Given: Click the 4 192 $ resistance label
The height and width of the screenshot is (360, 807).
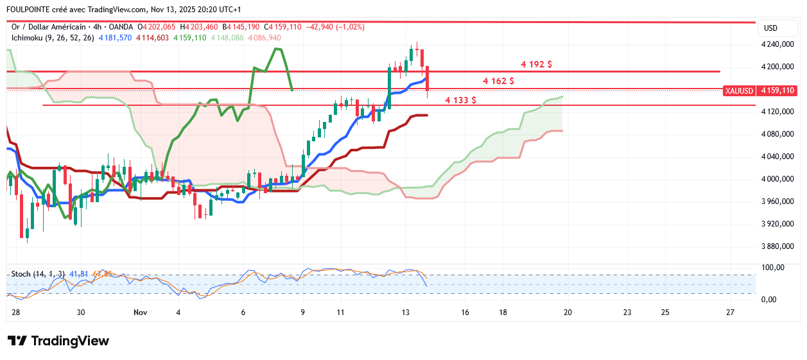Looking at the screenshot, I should [537, 64].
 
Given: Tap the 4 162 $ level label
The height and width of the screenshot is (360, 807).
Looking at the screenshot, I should [498, 81].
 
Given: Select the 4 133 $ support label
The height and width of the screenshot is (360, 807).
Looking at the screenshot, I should [460, 100].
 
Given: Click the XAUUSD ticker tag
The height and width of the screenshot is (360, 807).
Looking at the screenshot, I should [739, 91].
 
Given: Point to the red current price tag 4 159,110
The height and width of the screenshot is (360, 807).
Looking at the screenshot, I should [777, 91].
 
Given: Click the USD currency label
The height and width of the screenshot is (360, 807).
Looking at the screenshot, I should [770, 28].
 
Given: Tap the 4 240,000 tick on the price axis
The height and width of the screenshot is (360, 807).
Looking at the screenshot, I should [777, 45].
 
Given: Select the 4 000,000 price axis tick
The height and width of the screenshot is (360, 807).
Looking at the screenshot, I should [777, 179].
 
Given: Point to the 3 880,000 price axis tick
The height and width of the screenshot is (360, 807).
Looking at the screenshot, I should [777, 246].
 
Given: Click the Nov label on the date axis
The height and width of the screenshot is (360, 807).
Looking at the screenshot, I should [141, 313].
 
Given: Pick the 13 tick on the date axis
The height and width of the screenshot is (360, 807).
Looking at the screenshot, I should [405, 313].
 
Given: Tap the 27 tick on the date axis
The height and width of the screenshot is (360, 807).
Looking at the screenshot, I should [729, 313].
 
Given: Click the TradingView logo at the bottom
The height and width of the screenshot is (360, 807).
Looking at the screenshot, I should [58, 341].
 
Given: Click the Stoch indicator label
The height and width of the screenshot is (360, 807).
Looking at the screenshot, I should [21, 274].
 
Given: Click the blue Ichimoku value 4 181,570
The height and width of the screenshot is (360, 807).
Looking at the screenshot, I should [116, 38].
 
